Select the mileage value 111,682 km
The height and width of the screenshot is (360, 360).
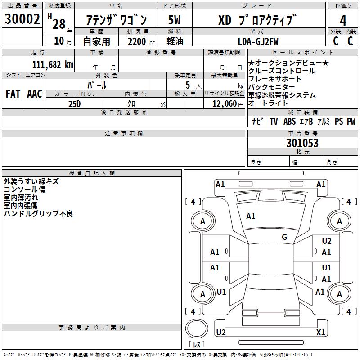click(x=53, y=64)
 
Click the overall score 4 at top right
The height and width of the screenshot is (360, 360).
click(x=343, y=20)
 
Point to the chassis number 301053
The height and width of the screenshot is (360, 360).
click(x=302, y=143)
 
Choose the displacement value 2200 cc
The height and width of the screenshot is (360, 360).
click(x=137, y=41)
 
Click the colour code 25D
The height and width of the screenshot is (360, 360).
click(x=75, y=103)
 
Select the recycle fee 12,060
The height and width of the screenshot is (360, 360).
click(x=224, y=103)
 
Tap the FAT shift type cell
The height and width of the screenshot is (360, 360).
click(x=13, y=94)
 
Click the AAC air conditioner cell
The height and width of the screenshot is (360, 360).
click(x=35, y=94)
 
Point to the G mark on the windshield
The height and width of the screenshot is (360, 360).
click(x=284, y=237)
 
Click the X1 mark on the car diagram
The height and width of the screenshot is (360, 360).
click(x=320, y=333)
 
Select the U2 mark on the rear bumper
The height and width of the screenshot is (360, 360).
click(x=220, y=333)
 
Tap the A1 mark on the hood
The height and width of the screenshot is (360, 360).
click(x=251, y=216)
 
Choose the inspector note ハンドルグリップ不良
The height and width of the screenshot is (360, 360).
click(x=38, y=214)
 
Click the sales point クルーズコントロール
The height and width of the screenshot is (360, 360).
click(x=282, y=71)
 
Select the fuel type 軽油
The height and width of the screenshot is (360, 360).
click(x=174, y=41)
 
